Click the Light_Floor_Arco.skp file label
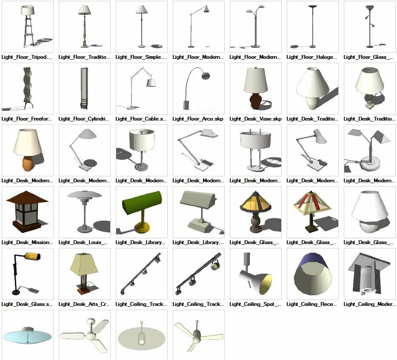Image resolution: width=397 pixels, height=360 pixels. [198, 119]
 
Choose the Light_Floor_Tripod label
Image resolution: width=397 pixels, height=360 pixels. [26, 57]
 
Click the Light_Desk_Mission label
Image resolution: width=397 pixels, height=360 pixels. [27, 242]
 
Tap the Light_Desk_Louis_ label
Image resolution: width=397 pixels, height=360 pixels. [83, 242]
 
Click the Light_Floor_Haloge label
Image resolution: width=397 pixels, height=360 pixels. [312, 57]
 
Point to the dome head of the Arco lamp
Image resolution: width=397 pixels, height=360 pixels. [205, 76]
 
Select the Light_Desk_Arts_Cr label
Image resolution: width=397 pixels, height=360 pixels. [84, 304]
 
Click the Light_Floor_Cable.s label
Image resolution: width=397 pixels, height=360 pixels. [141, 119]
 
